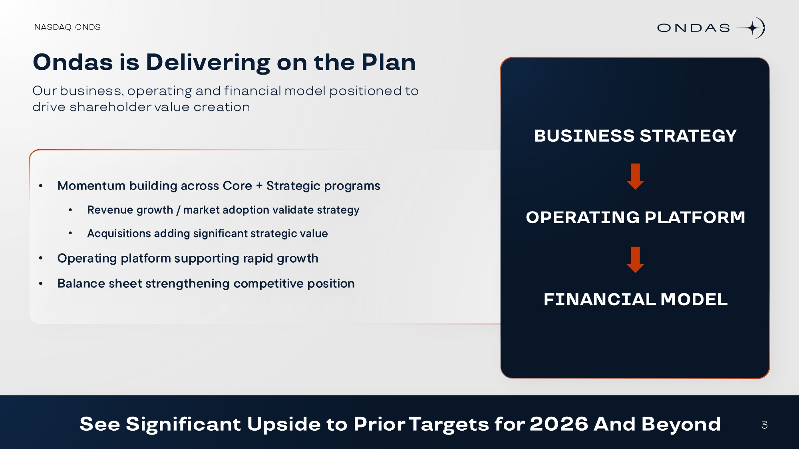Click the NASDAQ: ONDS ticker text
point(67,27)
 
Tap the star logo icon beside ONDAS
point(751,28)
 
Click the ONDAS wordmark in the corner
point(694,28)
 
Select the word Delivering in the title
point(208,62)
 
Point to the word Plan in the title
point(388,62)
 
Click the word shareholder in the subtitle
point(110,107)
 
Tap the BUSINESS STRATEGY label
point(635,136)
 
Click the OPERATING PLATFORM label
point(635,218)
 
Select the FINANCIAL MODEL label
point(635,299)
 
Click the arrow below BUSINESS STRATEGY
point(635,176)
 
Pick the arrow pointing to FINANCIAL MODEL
point(635,260)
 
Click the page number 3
point(764,425)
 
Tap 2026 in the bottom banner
point(559,424)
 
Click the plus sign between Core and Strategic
point(259,186)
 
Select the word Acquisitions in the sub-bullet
point(119,233)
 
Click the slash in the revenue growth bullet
point(178,210)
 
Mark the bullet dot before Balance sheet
point(41,284)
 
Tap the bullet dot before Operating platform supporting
point(41,259)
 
